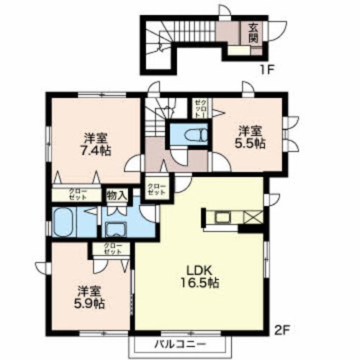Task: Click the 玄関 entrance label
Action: click(x=254, y=34)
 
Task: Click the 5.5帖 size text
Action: click(x=251, y=143)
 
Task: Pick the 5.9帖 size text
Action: click(x=89, y=305)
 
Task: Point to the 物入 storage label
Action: click(x=117, y=194)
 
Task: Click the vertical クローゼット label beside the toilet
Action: click(x=200, y=108)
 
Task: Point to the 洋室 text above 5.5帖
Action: click(x=251, y=130)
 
